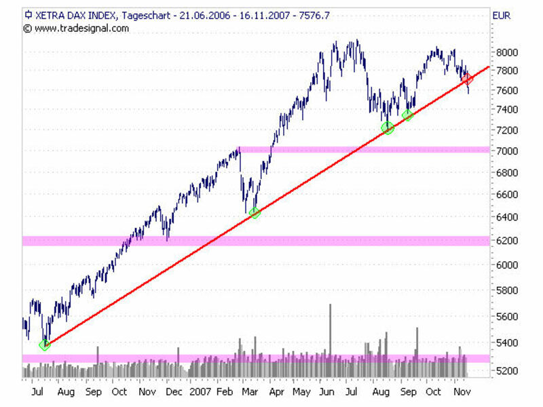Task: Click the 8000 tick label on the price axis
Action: point(508,52)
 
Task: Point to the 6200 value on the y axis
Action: point(508,241)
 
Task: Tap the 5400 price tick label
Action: point(508,343)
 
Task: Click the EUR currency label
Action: point(501,15)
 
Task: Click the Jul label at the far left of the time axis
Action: point(37,392)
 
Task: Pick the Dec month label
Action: point(174,392)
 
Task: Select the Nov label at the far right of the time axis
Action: point(462,392)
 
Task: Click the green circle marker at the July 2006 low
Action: point(45,345)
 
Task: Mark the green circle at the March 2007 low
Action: point(255,213)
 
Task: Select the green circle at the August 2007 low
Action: point(388,128)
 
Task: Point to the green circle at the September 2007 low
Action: point(407,115)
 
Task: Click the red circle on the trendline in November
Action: point(467,79)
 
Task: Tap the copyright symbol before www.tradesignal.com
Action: point(28,28)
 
